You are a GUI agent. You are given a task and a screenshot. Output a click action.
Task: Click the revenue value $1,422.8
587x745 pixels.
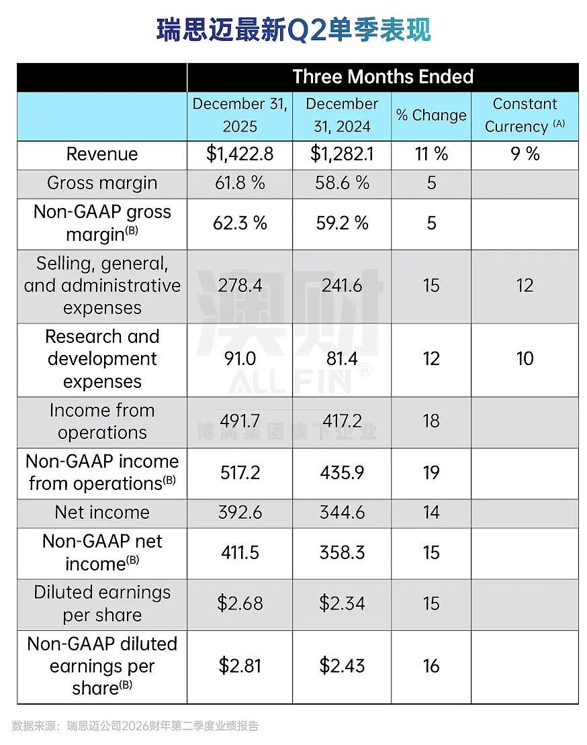[x=240, y=154]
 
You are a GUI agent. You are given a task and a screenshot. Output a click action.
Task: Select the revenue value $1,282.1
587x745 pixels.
[x=342, y=154]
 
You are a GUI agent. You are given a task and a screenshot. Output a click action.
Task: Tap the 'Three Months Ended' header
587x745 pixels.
[x=383, y=77]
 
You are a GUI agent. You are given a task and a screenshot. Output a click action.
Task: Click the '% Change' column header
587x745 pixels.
[x=431, y=115]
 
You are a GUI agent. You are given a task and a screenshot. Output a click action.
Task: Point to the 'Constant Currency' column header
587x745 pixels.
[x=525, y=115]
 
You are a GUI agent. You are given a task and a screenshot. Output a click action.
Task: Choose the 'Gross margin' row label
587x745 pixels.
[x=102, y=183]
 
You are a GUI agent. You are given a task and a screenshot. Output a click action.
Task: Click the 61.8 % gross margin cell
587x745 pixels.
[x=240, y=183]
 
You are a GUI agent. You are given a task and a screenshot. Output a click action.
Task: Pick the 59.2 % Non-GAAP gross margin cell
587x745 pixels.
[x=342, y=223]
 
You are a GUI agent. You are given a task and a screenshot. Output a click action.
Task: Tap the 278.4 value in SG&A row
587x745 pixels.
[x=240, y=285]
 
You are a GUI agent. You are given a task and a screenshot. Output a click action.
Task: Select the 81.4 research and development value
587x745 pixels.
[x=342, y=358]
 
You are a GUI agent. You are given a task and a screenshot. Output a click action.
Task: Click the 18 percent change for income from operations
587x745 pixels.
[x=431, y=421]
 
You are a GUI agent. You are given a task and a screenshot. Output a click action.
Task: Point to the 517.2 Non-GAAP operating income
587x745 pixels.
[x=240, y=473]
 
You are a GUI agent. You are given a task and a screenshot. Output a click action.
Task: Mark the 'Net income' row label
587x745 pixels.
[x=102, y=512]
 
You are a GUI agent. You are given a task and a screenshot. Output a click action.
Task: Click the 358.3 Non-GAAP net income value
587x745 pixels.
[x=342, y=552]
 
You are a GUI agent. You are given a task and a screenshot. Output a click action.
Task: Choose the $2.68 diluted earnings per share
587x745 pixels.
[x=240, y=603]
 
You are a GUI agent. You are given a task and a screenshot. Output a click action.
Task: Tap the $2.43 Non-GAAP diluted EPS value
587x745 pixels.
[x=342, y=666]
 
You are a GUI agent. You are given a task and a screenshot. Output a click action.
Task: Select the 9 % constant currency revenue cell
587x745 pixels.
[x=525, y=154]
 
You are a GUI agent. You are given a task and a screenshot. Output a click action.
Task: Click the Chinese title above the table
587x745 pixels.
[x=293, y=30]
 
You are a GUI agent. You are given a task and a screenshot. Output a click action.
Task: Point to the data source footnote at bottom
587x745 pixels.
[x=136, y=726]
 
